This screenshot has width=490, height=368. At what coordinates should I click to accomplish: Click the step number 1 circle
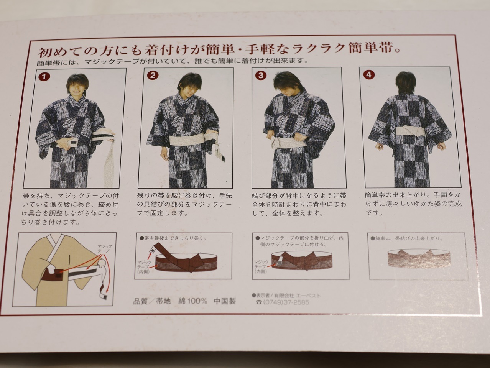tap(44, 77)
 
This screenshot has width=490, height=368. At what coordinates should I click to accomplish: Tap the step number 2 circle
tap(153, 76)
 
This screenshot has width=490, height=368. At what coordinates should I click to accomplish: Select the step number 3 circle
tap(261, 76)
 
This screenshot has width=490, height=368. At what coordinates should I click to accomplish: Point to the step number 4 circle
tap(369, 74)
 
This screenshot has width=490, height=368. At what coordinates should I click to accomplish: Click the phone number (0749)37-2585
tap(286, 302)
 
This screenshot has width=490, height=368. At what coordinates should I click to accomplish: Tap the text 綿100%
tap(192, 301)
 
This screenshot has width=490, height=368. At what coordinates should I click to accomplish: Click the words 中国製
tap(225, 301)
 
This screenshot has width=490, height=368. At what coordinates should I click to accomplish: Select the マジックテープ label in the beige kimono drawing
tap(105, 248)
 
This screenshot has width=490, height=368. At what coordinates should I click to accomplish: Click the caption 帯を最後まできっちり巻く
tap(173, 238)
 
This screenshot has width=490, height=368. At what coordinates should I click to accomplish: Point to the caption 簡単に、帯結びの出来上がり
tap(408, 238)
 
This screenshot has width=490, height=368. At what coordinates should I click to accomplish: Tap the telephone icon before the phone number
tap(259, 302)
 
